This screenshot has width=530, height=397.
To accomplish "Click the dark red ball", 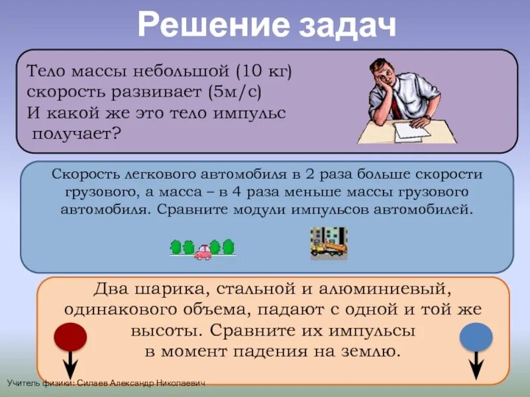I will pos(70,337).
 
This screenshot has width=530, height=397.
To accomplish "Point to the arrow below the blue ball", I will pos(476,366).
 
